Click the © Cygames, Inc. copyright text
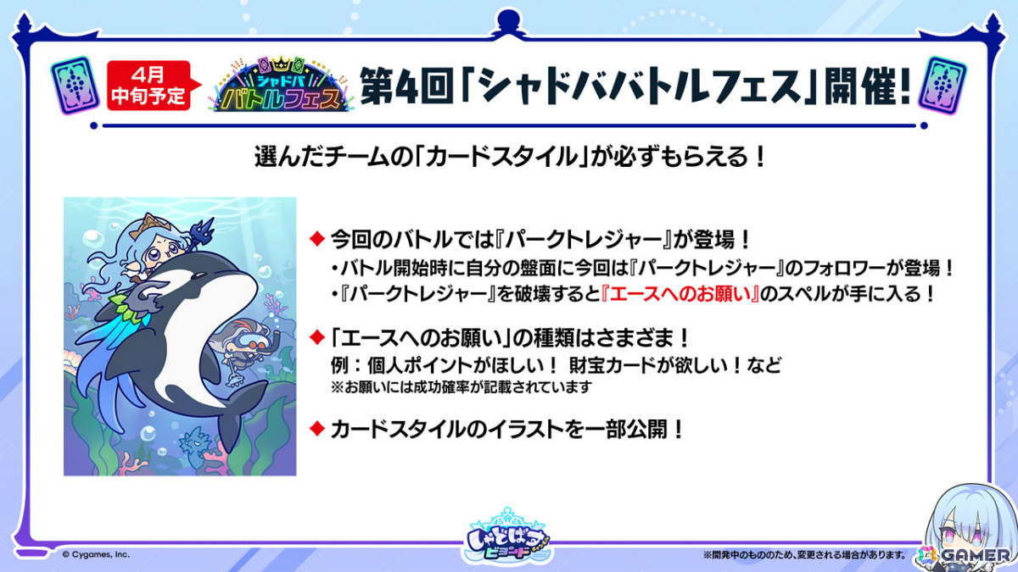click(96, 555)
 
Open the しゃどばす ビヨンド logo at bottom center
click(509, 536)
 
